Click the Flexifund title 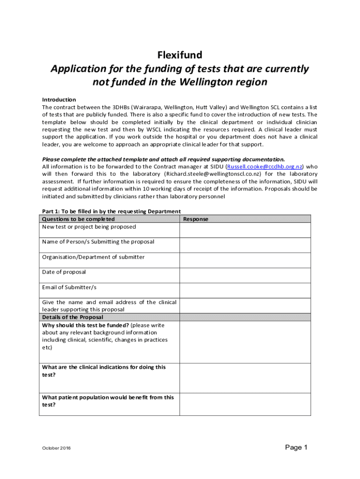(x=180, y=56)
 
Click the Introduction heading (x=59, y=100)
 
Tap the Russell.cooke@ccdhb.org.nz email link (x=265, y=167)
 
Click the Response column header (x=196, y=219)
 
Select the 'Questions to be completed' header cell (x=79, y=219)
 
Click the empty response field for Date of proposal (x=245, y=275)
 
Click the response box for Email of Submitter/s (x=245, y=290)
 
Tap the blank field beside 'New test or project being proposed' (x=245, y=230)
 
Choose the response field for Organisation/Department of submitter (x=245, y=260)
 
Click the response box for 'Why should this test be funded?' (x=245, y=342)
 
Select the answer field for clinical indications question (x=245, y=378)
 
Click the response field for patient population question (x=245, y=404)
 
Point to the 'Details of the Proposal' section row (x=72, y=317)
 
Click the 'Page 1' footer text (x=296, y=448)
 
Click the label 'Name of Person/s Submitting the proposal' (x=98, y=242)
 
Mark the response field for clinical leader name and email (x=245, y=305)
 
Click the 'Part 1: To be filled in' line (x=111, y=211)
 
